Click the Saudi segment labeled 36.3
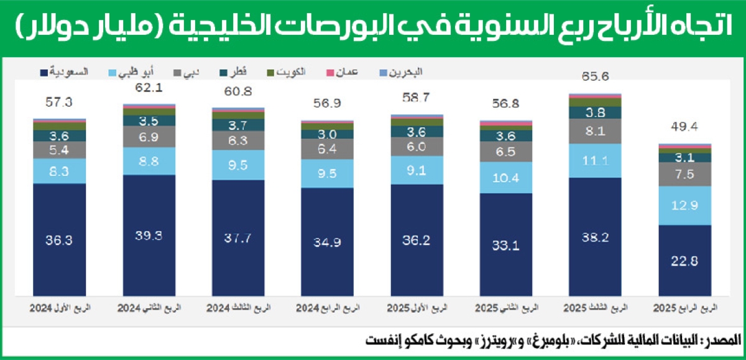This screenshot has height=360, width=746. click(60, 239)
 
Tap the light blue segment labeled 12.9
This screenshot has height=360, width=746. click(684, 205)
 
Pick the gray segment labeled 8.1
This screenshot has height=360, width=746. click(596, 131)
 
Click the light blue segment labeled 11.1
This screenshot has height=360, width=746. click(596, 160)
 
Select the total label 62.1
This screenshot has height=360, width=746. click(149, 88)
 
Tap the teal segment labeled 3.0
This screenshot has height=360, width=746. click(328, 134)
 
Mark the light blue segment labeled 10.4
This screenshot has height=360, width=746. click(506, 177)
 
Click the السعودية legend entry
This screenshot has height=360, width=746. click(65, 72)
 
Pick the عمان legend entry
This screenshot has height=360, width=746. click(341, 72)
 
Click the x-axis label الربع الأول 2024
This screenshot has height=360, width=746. click(60, 308)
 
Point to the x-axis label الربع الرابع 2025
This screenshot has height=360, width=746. click(684, 308)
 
